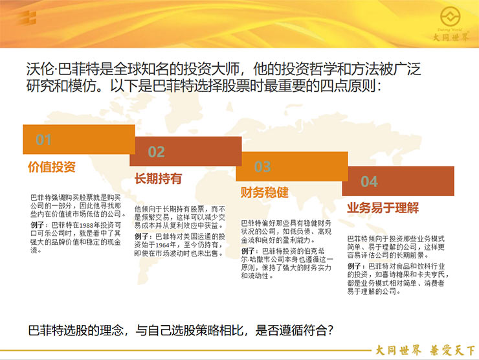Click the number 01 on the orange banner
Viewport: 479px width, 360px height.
click(x=43, y=140)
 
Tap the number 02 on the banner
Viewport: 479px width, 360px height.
click(x=157, y=152)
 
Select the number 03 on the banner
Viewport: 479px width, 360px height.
click(x=263, y=167)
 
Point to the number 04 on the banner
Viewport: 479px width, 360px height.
click(x=369, y=181)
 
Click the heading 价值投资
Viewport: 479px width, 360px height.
click(x=52, y=167)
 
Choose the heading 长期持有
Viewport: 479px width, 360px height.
click(x=158, y=179)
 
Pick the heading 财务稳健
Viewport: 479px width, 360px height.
click(x=265, y=192)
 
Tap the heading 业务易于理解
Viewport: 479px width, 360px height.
click(x=383, y=208)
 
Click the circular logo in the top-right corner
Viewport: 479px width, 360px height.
click(x=451, y=16)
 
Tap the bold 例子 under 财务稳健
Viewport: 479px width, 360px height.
click(x=248, y=251)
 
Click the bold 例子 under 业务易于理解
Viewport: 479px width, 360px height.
click(x=354, y=266)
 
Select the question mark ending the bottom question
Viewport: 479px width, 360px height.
click(x=329, y=330)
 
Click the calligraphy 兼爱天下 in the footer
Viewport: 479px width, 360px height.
click(x=452, y=350)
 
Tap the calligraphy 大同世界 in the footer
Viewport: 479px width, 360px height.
click(x=398, y=350)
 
